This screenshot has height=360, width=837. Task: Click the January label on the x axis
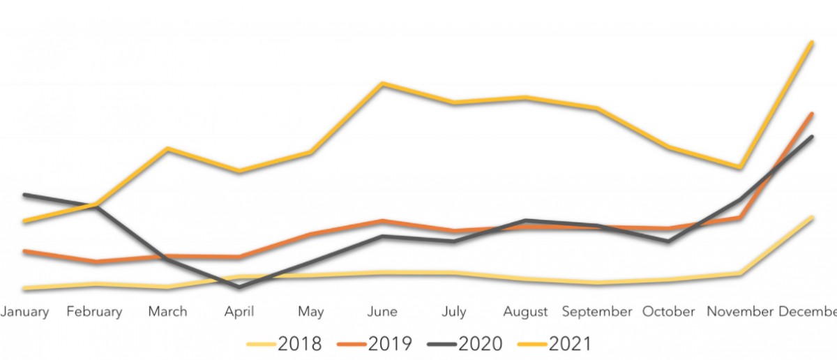(x=24, y=311)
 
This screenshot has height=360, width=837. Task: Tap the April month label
(x=239, y=311)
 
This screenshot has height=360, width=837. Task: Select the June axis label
(x=382, y=311)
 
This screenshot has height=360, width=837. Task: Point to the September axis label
(x=597, y=311)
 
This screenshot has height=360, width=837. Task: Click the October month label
(x=669, y=311)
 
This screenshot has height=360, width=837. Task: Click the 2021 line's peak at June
(x=382, y=84)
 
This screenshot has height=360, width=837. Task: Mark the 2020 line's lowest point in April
(x=239, y=286)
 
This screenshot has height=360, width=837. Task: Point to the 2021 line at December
(x=812, y=43)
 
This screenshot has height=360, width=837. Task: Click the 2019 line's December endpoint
(x=812, y=114)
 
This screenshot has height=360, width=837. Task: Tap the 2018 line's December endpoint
(x=812, y=218)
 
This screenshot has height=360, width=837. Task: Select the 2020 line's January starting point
(x=24, y=195)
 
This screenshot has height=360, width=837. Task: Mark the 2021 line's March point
(x=167, y=149)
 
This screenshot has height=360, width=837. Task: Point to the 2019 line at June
(x=382, y=221)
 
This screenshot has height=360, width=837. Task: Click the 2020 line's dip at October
(x=668, y=241)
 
